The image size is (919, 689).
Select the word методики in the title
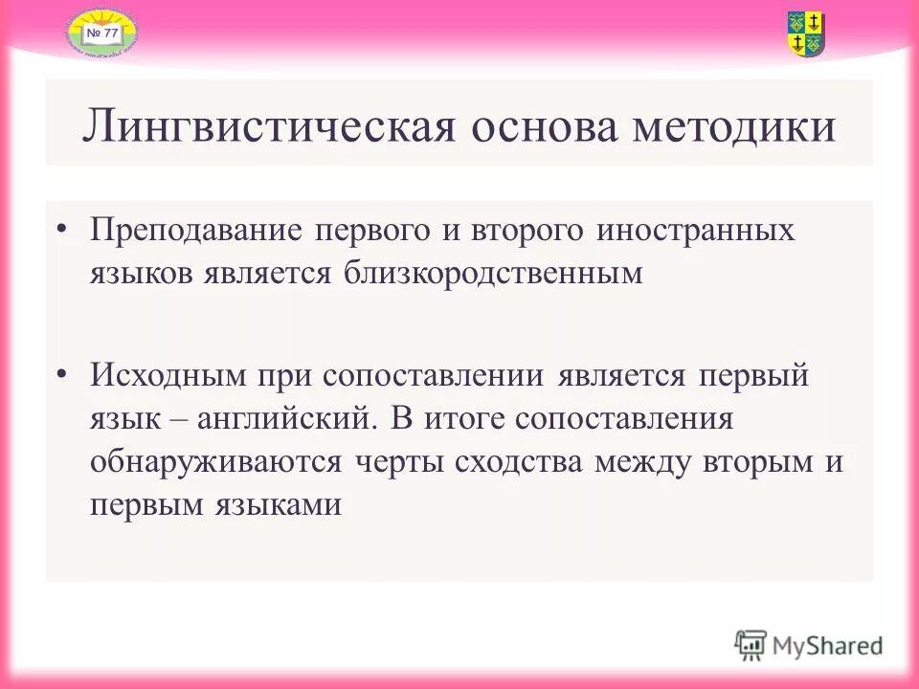point(733,127)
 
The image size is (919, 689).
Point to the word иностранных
point(696,233)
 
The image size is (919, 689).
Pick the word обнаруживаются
point(216,461)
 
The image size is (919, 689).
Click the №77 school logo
point(101,33)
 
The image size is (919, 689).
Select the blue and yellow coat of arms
point(806,33)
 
